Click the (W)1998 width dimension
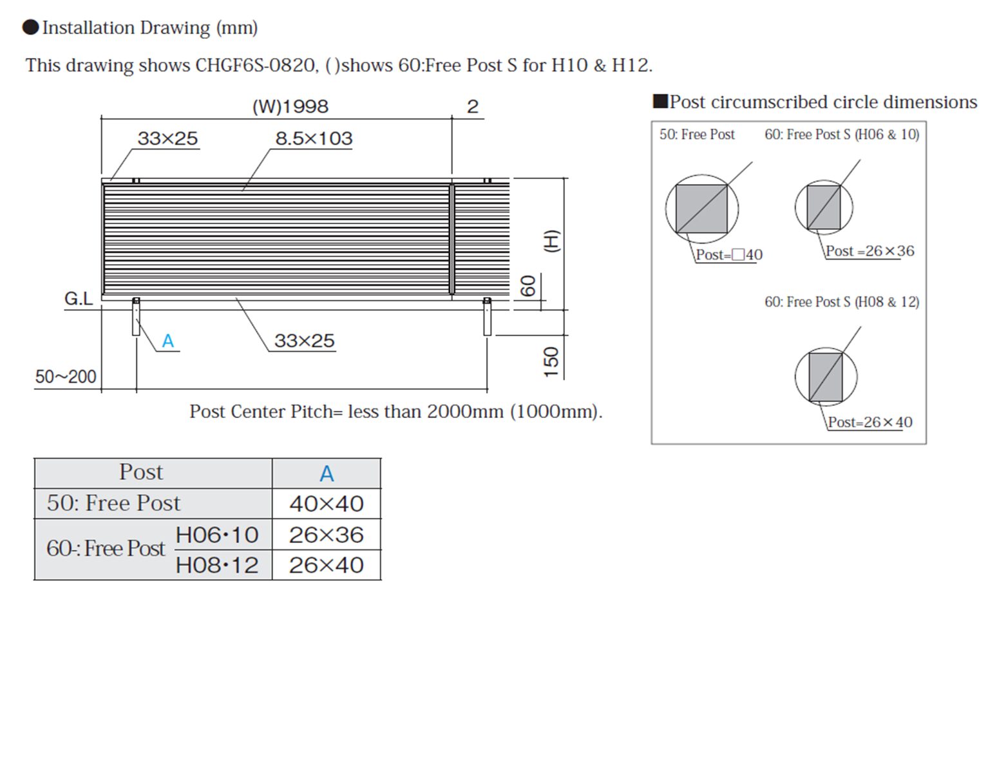(x=290, y=106)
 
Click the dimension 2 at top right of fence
(x=472, y=107)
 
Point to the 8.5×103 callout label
(x=314, y=138)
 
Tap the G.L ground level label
(x=79, y=299)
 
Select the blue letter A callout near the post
(x=167, y=341)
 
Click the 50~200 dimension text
(x=66, y=376)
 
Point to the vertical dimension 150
(x=551, y=362)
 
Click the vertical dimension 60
(x=528, y=286)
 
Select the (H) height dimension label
(x=552, y=241)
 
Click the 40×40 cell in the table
(x=327, y=504)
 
